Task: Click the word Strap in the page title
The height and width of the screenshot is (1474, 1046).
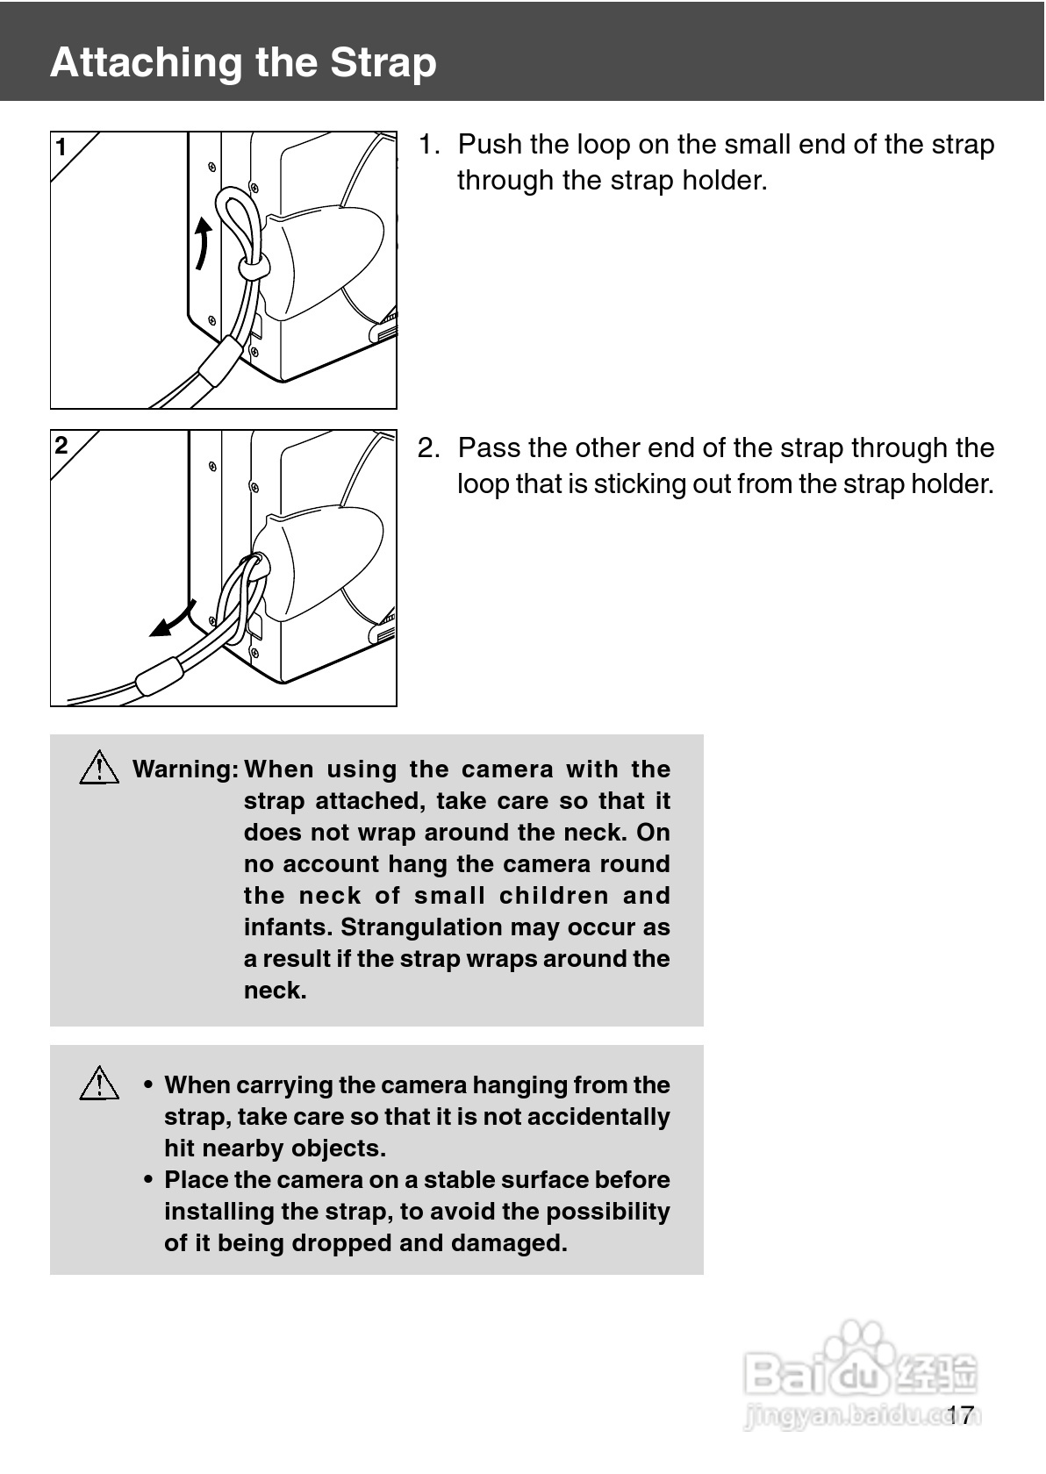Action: click(x=383, y=64)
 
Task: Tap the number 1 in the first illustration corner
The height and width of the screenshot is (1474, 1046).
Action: click(x=61, y=147)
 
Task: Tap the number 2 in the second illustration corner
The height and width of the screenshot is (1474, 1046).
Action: click(x=61, y=446)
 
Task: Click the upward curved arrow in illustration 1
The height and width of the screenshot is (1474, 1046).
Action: click(x=203, y=244)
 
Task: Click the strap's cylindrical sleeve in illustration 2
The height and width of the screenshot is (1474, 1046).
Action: click(x=160, y=676)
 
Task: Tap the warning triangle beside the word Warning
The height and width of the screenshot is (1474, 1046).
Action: click(x=99, y=767)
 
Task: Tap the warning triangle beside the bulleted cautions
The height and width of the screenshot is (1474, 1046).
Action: click(x=99, y=1083)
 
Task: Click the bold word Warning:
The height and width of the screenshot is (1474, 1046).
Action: click(x=186, y=769)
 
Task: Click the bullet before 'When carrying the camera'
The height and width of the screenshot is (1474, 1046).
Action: click(x=149, y=1085)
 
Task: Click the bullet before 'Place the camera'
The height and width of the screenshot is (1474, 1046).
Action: click(x=149, y=1180)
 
